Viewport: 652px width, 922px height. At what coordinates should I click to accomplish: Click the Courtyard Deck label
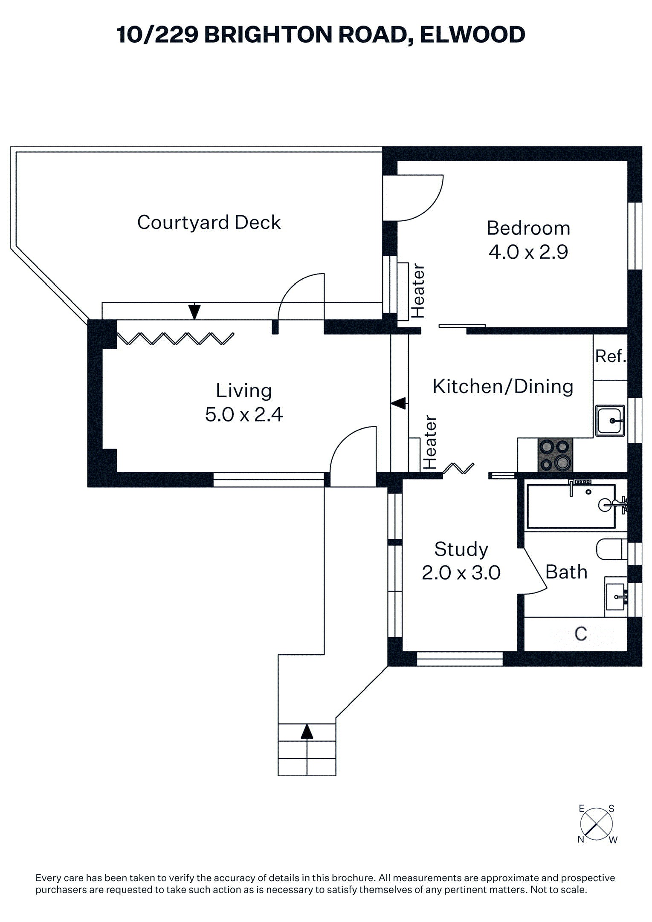209,223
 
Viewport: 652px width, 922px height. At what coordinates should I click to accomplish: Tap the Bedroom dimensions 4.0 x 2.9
528,252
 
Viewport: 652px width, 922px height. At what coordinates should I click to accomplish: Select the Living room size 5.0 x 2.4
244,414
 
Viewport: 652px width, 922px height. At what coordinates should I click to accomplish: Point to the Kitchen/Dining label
503,386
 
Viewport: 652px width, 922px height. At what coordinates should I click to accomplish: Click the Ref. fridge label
610,356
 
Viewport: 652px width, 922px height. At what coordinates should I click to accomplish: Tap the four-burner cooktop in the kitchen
555,455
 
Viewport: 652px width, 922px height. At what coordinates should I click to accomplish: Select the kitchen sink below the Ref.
610,421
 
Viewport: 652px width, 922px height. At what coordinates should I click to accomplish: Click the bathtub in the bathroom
571,506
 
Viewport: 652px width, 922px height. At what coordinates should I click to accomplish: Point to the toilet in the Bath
611,549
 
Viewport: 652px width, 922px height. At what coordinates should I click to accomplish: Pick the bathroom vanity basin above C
616,597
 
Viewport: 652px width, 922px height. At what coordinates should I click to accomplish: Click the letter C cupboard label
580,634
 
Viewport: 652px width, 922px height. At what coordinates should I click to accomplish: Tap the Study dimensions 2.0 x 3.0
461,573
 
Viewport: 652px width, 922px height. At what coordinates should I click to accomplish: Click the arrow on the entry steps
307,731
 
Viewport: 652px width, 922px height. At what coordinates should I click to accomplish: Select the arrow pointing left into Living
399,403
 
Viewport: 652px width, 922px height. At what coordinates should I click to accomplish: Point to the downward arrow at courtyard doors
194,311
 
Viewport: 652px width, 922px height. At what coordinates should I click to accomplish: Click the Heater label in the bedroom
418,291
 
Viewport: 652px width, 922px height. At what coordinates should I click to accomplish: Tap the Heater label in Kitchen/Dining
430,442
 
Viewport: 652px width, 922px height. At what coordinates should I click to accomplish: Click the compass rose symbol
596,824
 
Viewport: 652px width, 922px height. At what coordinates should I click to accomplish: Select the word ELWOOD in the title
472,35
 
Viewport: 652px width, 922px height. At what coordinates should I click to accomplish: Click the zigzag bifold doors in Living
175,338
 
